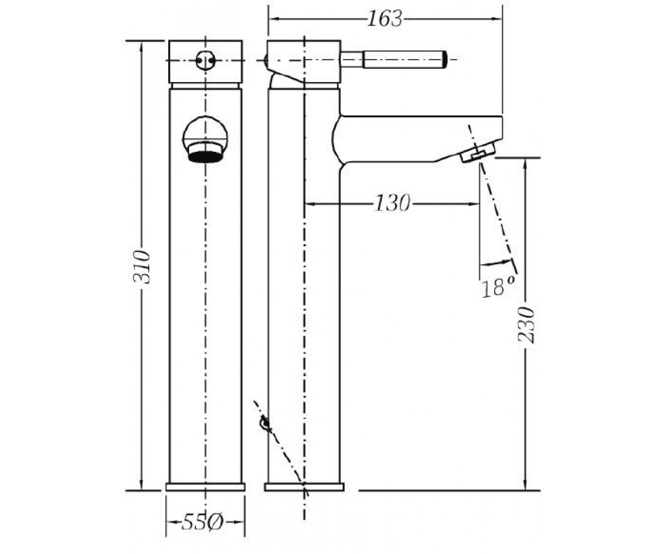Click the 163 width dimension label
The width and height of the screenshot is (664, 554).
[385, 18]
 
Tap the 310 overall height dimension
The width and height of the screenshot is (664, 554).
[141, 267]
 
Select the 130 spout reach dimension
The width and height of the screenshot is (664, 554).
[392, 203]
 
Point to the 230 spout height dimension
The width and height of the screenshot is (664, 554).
[526, 325]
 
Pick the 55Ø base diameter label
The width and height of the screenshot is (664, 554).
[203, 522]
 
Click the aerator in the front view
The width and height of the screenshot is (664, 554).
[205, 139]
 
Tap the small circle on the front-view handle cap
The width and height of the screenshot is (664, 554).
[205, 60]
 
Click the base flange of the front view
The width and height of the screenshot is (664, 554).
[205, 496]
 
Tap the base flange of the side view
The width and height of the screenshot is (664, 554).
[304, 496]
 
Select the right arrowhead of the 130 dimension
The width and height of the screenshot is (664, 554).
[474, 203]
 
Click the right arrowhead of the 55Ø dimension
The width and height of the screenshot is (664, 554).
[239, 522]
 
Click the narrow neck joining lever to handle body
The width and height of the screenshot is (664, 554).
[352, 59]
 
